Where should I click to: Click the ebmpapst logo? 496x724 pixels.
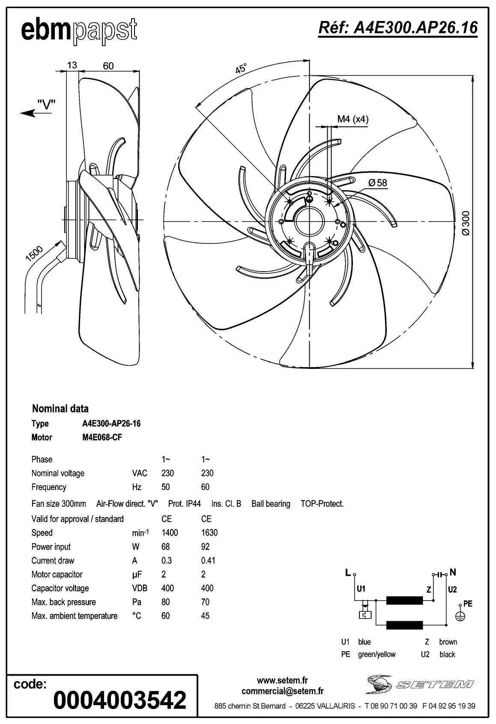coord(79,31)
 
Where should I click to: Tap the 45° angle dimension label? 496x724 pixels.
coord(241,69)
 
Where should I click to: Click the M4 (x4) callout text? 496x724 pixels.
coord(353,119)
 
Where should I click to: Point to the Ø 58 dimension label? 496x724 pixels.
coord(377,183)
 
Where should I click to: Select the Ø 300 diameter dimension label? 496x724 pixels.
coord(466,223)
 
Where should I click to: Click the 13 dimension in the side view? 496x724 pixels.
coord(72,65)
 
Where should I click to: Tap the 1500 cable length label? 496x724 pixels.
coord(35,254)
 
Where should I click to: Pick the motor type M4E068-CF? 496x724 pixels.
coord(102,437)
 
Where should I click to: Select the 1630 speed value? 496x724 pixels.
coord(209,533)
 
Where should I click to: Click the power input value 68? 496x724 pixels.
coord(165,547)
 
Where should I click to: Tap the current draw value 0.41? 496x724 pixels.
coord(208,560)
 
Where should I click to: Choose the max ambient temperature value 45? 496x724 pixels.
coord(205,616)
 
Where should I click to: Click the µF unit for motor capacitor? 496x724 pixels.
coord(137,574)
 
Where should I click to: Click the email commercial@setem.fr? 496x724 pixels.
coord(282,691)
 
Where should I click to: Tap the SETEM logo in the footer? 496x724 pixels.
coord(420,684)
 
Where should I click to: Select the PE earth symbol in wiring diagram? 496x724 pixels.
coord(460,616)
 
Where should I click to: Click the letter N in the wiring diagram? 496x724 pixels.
coord(453,572)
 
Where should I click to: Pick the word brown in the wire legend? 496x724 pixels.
coord(448,642)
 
